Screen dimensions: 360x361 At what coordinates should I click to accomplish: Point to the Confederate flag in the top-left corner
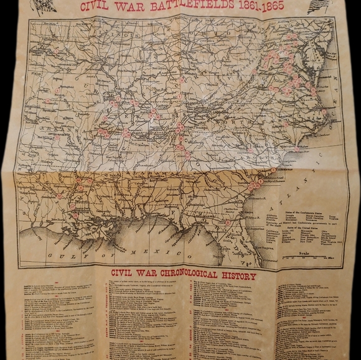pos(43,7)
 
